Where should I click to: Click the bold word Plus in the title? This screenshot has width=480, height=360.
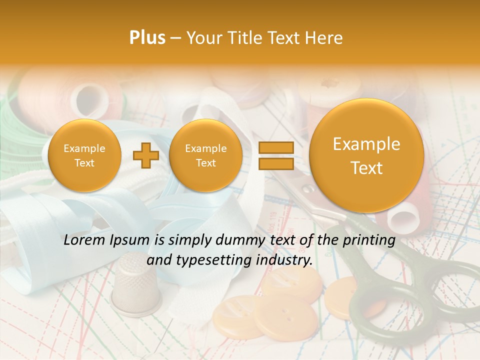tap(147, 37)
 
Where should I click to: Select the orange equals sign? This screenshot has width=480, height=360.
tap(275, 155)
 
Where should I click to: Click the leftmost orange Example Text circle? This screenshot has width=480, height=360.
tap(84, 155)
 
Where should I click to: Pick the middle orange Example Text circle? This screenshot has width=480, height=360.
tap(205, 155)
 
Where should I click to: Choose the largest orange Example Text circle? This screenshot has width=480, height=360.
tap(366, 155)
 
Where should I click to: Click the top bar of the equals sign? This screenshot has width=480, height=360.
tap(275, 147)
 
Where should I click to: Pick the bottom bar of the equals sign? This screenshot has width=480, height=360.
tap(275, 163)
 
